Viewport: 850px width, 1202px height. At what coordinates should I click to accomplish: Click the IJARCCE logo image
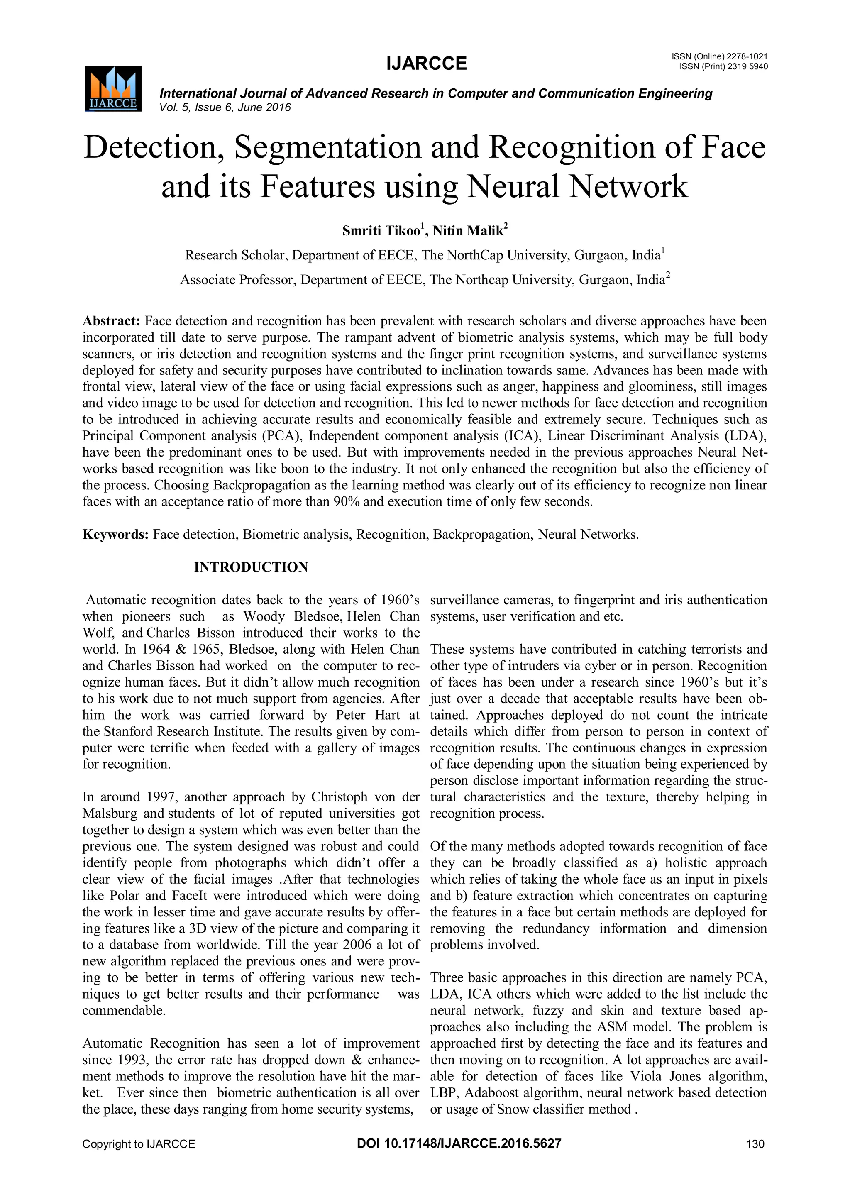(113, 89)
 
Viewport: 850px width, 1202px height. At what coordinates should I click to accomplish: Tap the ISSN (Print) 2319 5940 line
(723, 67)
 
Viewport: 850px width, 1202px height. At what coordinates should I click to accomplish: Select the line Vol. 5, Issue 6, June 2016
(225, 108)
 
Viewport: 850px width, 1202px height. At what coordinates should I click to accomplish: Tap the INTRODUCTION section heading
(251, 567)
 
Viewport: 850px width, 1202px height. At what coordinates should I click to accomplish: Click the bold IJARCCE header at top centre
(426, 64)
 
